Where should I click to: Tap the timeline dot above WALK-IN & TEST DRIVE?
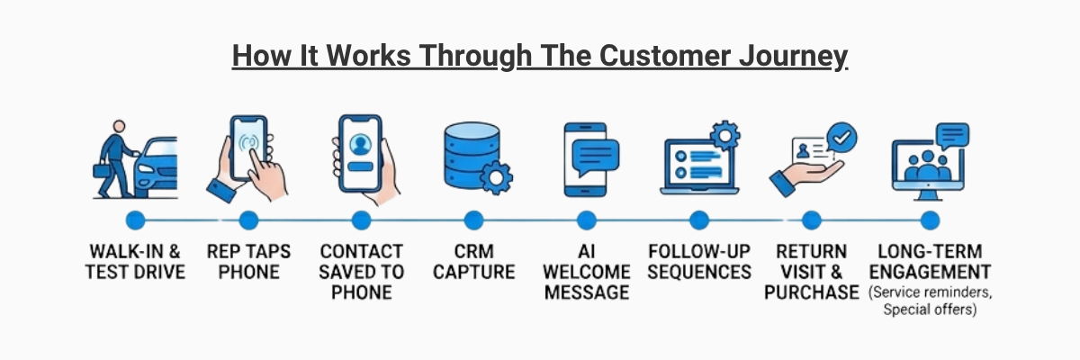tap(135, 220)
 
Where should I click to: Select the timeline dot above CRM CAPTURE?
tap(473, 220)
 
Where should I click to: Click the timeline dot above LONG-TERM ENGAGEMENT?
tap(930, 220)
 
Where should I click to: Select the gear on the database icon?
tap(496, 177)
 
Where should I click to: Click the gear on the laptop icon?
tap(724, 135)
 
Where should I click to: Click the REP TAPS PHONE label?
tap(248, 261)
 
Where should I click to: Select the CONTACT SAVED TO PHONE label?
tap(361, 271)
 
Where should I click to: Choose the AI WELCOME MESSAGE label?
tap(586, 271)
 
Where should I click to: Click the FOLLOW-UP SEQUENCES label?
tap(699, 261)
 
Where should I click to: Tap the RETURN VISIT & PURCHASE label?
tap(811, 271)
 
